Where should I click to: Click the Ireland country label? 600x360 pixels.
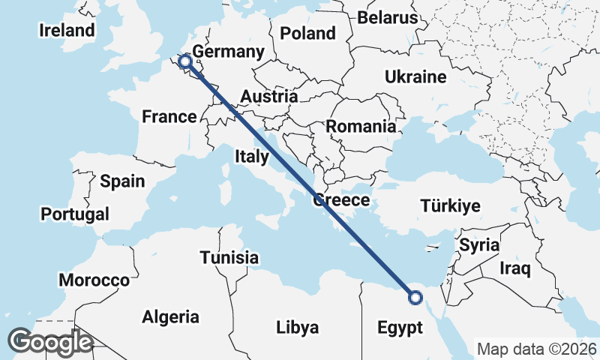coord(67,31)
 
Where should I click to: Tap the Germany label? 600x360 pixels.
coord(229,52)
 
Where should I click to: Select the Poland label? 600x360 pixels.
coord(307,33)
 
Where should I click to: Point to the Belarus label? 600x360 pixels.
coord(387,17)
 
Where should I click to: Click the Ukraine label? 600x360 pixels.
coord(415,77)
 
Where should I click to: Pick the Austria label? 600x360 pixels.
coord(269,97)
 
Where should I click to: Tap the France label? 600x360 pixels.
coord(169,116)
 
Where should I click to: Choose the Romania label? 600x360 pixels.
coord(361,127)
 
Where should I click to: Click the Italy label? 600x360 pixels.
coord(252,157)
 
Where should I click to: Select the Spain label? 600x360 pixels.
coord(122,181)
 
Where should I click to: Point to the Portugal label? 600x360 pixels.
coord(75,214)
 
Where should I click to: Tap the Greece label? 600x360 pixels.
coord(341,200)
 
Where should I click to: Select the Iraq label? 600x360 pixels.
coord(515,268)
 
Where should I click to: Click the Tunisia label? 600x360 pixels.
coord(229,258)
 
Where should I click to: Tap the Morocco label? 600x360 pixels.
coord(94,280)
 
